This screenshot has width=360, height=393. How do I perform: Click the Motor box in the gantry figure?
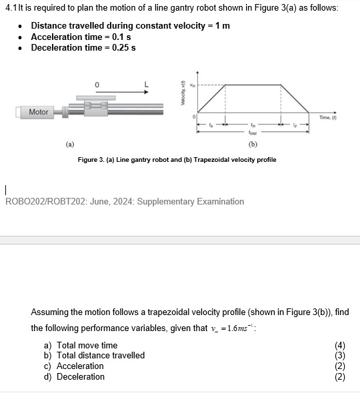click(x=39, y=112)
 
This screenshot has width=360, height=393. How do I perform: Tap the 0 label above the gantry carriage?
click(x=97, y=85)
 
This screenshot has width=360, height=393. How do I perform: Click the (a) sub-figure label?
click(x=70, y=143)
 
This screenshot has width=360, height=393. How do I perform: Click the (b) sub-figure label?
click(x=253, y=143)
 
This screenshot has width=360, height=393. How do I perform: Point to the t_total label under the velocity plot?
click(x=252, y=132)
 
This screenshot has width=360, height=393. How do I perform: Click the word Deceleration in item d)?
click(x=81, y=377)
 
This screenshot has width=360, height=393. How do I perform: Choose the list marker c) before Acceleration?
click(x=48, y=366)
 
